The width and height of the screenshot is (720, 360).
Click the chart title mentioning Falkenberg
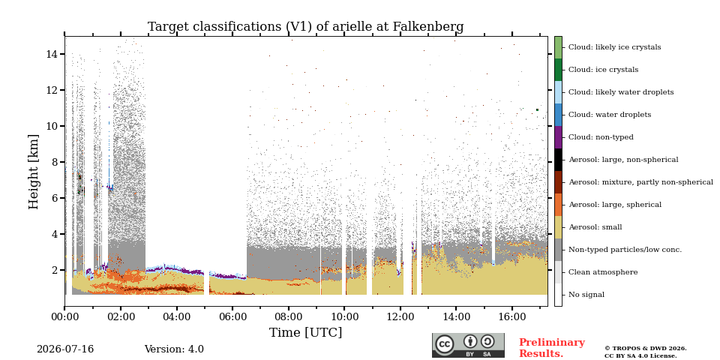pyautogui.click(x=305, y=27)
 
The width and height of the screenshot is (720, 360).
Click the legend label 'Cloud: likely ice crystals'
pyautogui.click(x=615, y=47)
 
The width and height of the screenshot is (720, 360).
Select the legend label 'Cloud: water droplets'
pyautogui.click(x=610, y=115)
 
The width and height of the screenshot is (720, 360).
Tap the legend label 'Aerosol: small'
pyautogui.click(x=595, y=227)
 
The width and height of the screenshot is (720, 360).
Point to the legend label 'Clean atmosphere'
pyautogui.click(x=603, y=272)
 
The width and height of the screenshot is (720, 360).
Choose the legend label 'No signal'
pyautogui.click(x=586, y=295)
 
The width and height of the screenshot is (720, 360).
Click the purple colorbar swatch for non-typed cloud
pyautogui.click(x=558, y=137)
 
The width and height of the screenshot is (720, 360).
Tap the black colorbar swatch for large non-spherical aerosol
pyautogui.click(x=558, y=160)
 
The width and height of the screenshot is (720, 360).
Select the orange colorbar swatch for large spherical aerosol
pyautogui.click(x=558, y=205)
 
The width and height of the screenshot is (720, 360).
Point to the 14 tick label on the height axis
pyautogui.click(x=52, y=54)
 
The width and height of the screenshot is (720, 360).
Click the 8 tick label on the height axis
pyautogui.click(x=55, y=162)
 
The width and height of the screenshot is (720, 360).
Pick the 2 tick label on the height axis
pyautogui.click(x=55, y=270)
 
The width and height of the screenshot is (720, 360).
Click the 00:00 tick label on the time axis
pyautogui.click(x=64, y=316)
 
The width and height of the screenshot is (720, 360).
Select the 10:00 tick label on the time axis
pyautogui.click(x=344, y=316)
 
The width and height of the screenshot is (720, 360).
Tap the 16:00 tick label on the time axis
pyautogui.click(x=512, y=316)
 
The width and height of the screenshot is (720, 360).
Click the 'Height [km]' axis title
pyautogui.click(x=34, y=172)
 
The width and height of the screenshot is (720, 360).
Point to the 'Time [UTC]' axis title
pyautogui.click(x=305, y=332)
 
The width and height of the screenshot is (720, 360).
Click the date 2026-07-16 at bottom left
pyautogui.click(x=65, y=349)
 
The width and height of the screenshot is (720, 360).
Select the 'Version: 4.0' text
pyautogui.click(x=174, y=349)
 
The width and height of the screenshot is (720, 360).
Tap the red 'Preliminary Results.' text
pyautogui.click(x=552, y=348)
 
